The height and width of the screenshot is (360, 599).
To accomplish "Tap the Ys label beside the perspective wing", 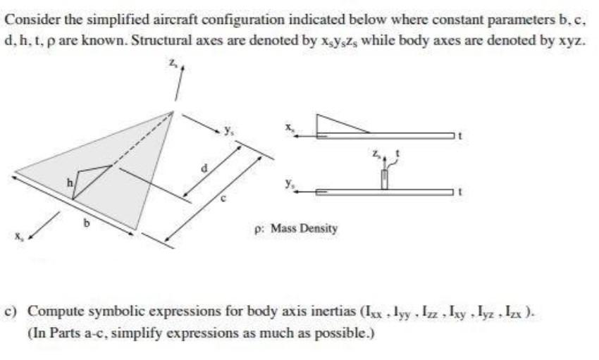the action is click(x=229, y=130).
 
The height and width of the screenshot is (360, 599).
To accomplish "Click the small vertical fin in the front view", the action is click(x=384, y=179).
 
